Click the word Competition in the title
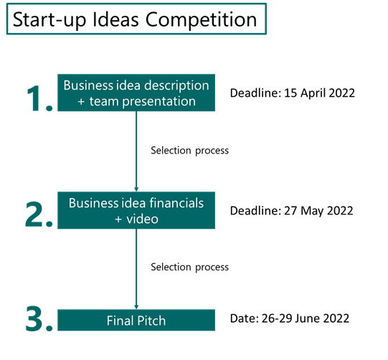(x=201, y=20)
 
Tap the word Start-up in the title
(x=49, y=20)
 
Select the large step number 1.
(x=39, y=98)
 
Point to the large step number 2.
(x=39, y=214)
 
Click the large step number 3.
(x=39, y=318)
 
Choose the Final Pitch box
(x=136, y=320)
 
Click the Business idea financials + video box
(x=136, y=210)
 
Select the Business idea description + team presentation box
(x=136, y=93)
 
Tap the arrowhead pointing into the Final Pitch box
(x=136, y=307)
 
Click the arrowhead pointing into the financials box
(x=136, y=189)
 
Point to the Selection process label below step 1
(x=189, y=151)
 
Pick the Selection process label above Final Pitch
(x=189, y=267)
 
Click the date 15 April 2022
(x=319, y=93)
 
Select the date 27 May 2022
(x=318, y=211)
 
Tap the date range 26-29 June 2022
(x=306, y=318)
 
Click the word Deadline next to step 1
(x=256, y=93)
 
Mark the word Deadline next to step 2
(x=256, y=211)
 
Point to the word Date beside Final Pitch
(x=245, y=318)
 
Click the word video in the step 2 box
(x=142, y=219)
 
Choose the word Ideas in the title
(x=115, y=20)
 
